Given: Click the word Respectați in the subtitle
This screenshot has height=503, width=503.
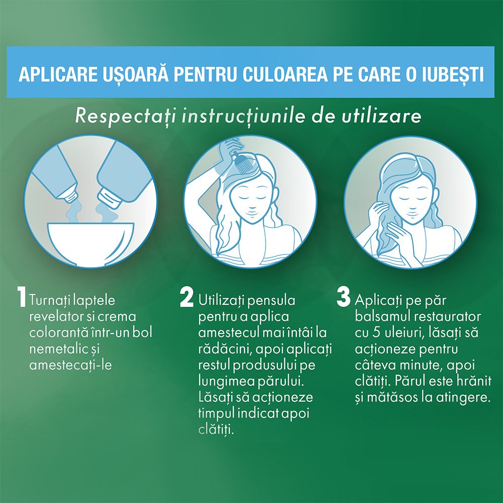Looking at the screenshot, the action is click(125, 117).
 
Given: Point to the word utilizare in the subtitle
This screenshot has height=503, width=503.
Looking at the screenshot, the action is click(381, 116).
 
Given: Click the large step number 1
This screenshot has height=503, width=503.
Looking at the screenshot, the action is click(22, 297).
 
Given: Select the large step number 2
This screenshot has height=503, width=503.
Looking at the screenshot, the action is click(187, 297).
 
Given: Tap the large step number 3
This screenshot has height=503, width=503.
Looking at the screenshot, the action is click(344, 297).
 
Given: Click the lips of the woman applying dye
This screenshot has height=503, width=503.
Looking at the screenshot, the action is click(251, 213).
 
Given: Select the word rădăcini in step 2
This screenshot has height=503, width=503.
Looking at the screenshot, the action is click(222, 349).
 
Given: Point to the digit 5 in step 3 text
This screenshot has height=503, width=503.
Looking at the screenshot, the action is click(377, 332).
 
